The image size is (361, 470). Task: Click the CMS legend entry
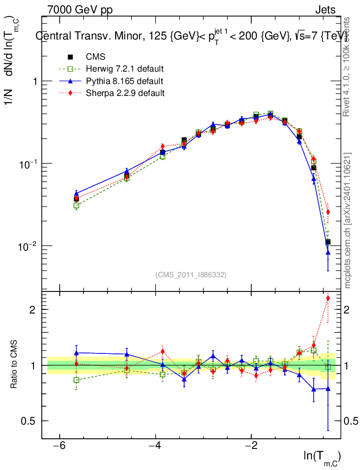point(96,57)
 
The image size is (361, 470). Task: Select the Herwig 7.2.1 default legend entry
point(124,69)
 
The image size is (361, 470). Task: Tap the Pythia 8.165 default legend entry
point(124,81)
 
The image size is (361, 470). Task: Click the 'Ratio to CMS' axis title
point(14,365)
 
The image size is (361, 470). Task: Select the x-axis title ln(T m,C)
point(322,457)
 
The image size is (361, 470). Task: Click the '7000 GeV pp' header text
point(80,10)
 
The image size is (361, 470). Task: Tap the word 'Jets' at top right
point(325,10)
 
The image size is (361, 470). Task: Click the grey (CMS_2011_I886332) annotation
point(191,274)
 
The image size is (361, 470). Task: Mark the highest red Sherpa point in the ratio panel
point(328,298)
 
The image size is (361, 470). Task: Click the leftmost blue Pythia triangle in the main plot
point(76,193)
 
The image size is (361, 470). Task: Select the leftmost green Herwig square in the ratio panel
point(76,380)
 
